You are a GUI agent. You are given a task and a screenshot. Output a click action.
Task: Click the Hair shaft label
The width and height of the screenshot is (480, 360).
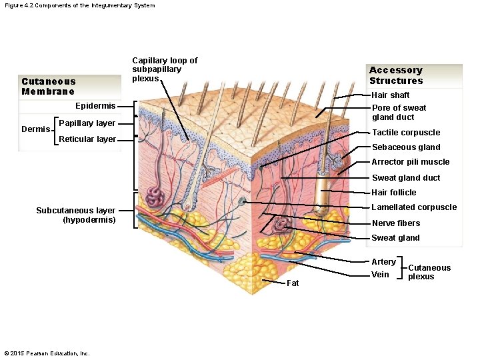tap(390, 95)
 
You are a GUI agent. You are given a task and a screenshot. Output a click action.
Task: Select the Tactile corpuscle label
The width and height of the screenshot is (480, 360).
tap(405, 133)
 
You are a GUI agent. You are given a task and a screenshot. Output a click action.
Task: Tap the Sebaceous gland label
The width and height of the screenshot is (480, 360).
tap(405, 147)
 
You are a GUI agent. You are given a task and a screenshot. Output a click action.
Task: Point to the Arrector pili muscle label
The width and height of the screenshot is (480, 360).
tap(410, 162)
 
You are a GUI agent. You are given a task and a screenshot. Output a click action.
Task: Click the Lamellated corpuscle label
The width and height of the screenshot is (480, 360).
tap(413, 207)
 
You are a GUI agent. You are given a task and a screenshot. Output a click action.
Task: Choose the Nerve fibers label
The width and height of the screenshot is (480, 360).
tap(395, 223)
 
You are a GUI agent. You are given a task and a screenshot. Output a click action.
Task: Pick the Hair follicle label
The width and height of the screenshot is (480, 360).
tap(393, 193)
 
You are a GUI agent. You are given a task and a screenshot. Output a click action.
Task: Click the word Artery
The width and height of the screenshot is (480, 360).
tap(383, 262)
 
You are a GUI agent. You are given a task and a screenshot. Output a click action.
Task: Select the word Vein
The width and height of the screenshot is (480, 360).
tap(380, 275)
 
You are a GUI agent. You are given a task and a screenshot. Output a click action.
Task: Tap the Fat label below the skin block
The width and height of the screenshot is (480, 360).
tap(293, 283)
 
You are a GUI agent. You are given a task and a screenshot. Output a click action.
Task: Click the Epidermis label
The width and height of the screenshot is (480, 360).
tap(95, 106)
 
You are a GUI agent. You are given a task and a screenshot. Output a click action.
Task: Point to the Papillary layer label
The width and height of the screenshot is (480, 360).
tap(87, 123)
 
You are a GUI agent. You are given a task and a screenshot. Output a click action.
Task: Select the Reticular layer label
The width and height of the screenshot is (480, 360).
tap(87, 139)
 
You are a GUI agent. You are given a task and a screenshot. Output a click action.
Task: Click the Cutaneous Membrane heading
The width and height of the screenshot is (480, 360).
tap(48, 87)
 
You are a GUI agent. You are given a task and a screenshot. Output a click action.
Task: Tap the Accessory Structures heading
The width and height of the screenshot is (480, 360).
tap(396, 75)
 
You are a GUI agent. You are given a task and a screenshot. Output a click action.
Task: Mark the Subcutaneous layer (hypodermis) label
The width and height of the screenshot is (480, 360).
tap(76, 215)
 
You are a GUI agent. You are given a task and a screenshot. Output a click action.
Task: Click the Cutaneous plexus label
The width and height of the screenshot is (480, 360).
tap(429, 272)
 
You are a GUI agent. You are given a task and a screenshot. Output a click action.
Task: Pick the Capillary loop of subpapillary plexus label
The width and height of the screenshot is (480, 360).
tap(165, 69)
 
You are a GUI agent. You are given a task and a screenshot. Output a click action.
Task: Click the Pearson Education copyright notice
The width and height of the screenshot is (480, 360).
tap(47, 353)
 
